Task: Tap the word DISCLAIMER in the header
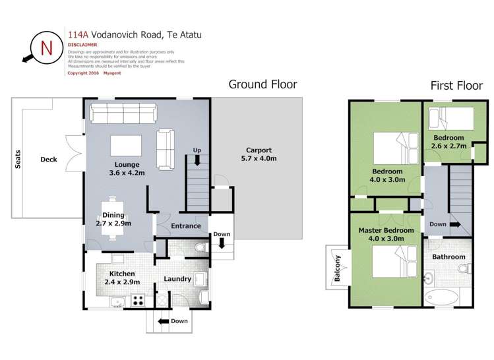tap(82, 45)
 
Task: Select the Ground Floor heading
tap(262, 84)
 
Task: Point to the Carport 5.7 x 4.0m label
tap(257, 154)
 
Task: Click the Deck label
tap(48, 159)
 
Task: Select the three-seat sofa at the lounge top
tap(123, 113)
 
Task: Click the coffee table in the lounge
tap(125, 144)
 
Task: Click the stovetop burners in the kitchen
tap(139, 299)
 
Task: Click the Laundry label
tap(177, 279)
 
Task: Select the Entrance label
tap(185, 226)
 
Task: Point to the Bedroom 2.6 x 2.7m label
tap(449, 142)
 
